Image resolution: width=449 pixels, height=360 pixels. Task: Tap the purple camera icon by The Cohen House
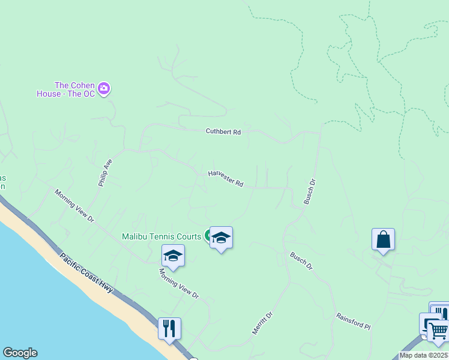(104, 89)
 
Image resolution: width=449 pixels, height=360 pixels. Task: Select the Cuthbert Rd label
(223, 131)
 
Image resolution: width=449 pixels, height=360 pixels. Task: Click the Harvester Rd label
(226, 178)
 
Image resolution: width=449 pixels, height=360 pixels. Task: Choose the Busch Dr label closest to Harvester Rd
(310, 191)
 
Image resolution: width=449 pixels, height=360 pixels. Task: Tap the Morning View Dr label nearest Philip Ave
(74, 206)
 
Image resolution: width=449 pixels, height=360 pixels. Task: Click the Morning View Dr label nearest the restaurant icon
(178, 283)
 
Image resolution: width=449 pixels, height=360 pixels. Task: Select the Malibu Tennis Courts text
(161, 236)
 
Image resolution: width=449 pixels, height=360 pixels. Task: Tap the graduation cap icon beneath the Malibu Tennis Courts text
(173, 256)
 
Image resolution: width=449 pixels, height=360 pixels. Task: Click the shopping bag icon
(383, 239)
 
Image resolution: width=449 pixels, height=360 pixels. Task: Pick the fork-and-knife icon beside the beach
(169, 328)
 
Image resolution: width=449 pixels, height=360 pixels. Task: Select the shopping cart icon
(438, 329)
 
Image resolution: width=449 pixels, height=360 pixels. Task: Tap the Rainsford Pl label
(353, 321)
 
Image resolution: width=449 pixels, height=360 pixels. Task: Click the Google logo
(19, 353)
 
